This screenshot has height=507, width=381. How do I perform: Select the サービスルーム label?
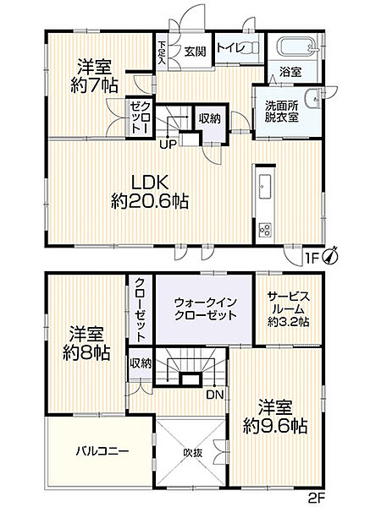[289, 308]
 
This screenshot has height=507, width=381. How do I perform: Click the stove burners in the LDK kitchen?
[263, 228]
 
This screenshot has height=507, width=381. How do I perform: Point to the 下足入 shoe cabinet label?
[162, 52]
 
